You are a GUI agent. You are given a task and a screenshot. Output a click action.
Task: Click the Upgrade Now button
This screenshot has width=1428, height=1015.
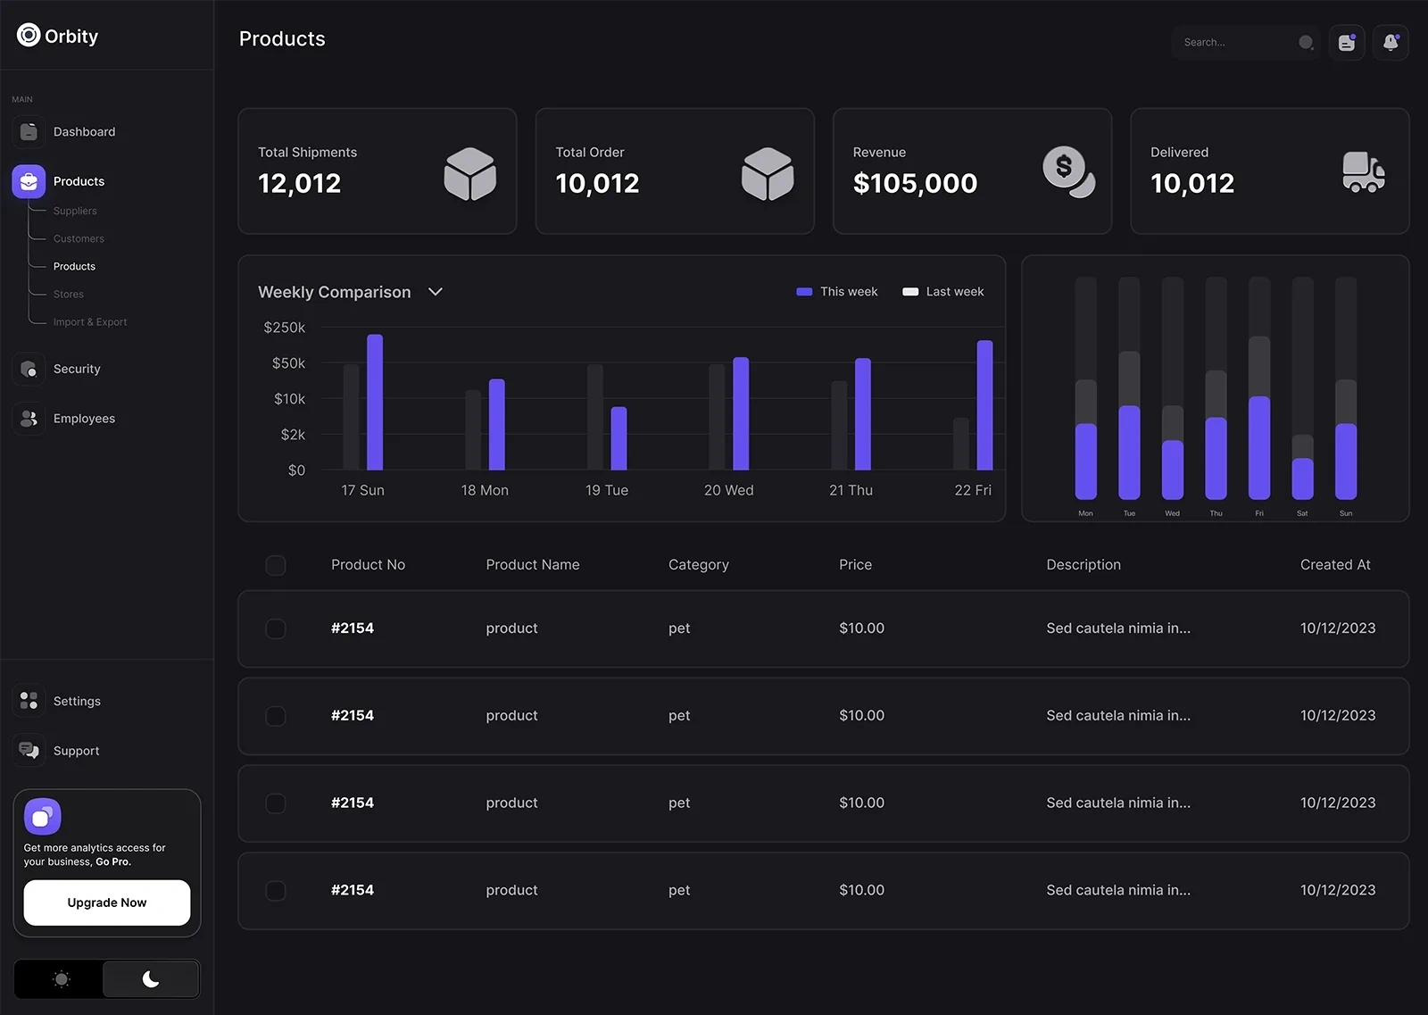coord(106,903)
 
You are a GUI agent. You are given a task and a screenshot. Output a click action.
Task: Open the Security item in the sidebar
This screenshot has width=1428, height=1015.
coord(77,369)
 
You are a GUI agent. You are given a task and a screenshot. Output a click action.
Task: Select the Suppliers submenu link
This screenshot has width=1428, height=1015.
coord(75,211)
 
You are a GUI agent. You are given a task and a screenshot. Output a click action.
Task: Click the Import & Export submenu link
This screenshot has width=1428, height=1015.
coord(90,322)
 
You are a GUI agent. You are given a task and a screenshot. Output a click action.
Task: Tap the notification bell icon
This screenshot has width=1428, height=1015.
coord(1391,42)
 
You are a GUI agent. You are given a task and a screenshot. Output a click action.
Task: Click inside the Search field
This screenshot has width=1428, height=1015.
coord(1236,42)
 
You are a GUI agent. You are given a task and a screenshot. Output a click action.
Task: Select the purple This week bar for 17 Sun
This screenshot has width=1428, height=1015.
coord(375,402)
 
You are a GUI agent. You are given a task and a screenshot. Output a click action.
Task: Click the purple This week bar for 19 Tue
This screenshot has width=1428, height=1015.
coord(619,437)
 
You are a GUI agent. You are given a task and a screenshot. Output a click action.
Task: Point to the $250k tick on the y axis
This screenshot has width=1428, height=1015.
coord(285,328)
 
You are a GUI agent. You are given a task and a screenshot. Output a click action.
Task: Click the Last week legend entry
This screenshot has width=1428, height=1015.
coord(943,292)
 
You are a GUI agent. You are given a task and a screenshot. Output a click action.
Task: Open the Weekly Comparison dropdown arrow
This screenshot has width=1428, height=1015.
coord(436,292)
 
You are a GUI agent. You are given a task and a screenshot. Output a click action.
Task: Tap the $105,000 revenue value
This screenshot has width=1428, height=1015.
coord(915,183)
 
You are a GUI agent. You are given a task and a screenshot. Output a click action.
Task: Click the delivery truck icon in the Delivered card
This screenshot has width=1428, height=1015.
coord(1363,171)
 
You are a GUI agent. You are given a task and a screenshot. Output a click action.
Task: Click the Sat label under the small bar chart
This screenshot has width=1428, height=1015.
coord(1302,513)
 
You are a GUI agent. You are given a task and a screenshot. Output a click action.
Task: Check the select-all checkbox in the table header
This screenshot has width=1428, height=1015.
coord(276,565)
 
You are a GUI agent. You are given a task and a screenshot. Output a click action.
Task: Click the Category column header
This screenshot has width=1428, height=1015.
coord(698,565)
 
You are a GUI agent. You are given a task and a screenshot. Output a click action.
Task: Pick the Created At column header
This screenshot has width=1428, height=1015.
coord(1335,565)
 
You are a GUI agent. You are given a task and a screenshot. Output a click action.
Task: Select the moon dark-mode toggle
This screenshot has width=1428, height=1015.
coord(151,979)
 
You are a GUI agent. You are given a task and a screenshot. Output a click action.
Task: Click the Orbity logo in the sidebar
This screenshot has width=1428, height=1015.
coord(58,36)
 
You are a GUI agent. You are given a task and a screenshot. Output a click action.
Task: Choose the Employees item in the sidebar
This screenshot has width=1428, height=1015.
coord(84,419)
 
